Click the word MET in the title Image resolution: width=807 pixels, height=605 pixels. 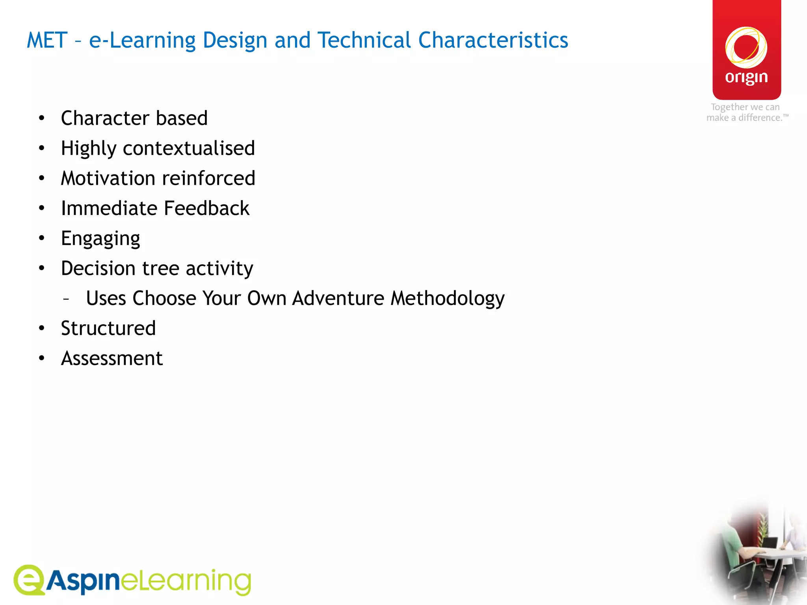tap(47, 41)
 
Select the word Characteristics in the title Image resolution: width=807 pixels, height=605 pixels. tap(493, 41)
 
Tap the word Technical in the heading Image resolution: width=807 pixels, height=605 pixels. tap(364, 41)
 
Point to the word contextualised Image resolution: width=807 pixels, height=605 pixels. tap(189, 148)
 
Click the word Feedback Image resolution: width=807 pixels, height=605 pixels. tap(206, 208)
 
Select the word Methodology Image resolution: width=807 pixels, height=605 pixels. tap(447, 299)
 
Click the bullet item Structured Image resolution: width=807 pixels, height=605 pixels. tap(108, 328)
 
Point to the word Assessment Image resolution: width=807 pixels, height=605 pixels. tap(112, 358)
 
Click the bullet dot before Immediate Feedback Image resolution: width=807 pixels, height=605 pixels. tap(42, 208)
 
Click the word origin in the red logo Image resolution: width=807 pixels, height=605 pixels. tap(746, 78)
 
